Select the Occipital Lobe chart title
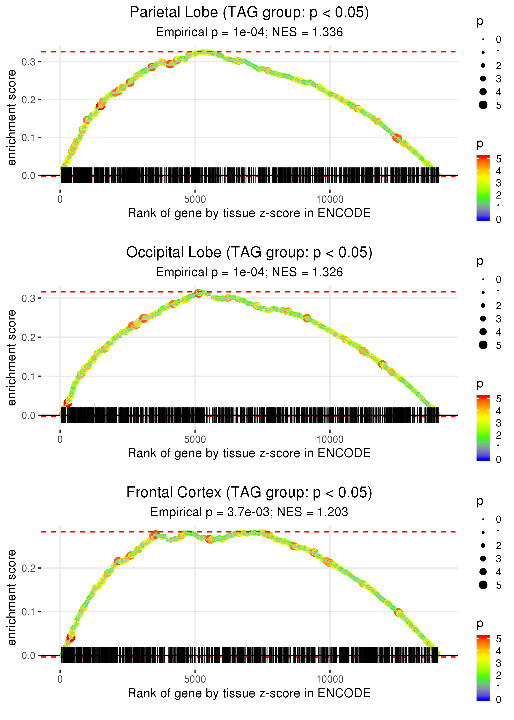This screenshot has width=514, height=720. pyautogui.click(x=249, y=253)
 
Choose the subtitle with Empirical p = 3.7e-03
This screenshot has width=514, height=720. pyautogui.click(x=249, y=512)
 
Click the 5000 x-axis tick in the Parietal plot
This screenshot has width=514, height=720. pyautogui.click(x=195, y=200)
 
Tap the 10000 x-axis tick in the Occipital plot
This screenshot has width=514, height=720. pyautogui.click(x=330, y=439)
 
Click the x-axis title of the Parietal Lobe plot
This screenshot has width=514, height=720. pyautogui.click(x=249, y=213)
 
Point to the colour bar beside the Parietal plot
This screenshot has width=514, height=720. pyautogui.click(x=483, y=187)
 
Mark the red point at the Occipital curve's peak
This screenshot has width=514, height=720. pyautogui.click(x=198, y=293)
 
